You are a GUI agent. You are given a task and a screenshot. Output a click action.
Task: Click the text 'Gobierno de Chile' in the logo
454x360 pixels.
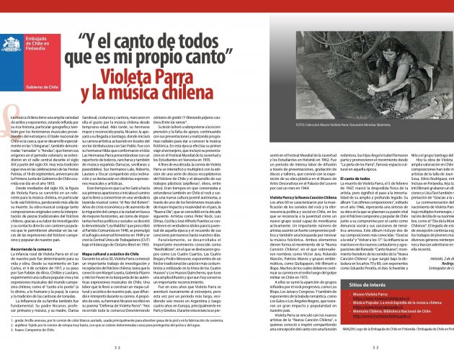(x=24, y=85)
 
